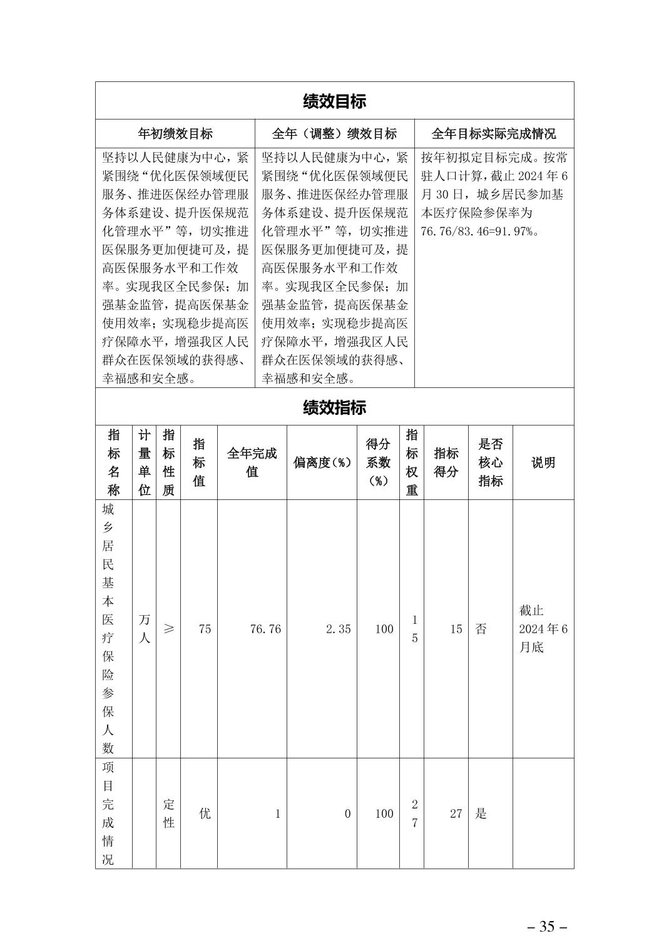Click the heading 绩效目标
[x=334, y=101]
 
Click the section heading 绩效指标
[x=334, y=407]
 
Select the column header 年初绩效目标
[x=175, y=133]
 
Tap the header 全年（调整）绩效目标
[x=334, y=133]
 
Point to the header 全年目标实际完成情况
[x=494, y=133]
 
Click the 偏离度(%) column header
[x=322, y=463]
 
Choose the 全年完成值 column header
[x=252, y=462]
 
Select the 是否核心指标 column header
[x=490, y=462]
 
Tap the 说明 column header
[x=543, y=462]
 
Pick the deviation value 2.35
[x=339, y=629]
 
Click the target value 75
[x=205, y=629]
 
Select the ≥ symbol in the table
[x=168, y=628]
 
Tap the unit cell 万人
[x=145, y=628]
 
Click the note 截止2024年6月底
[x=543, y=628]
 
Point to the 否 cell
[x=481, y=629]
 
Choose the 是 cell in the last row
[x=481, y=813]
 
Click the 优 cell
[x=205, y=813]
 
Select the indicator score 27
[x=456, y=813]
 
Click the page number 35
[x=547, y=927]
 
